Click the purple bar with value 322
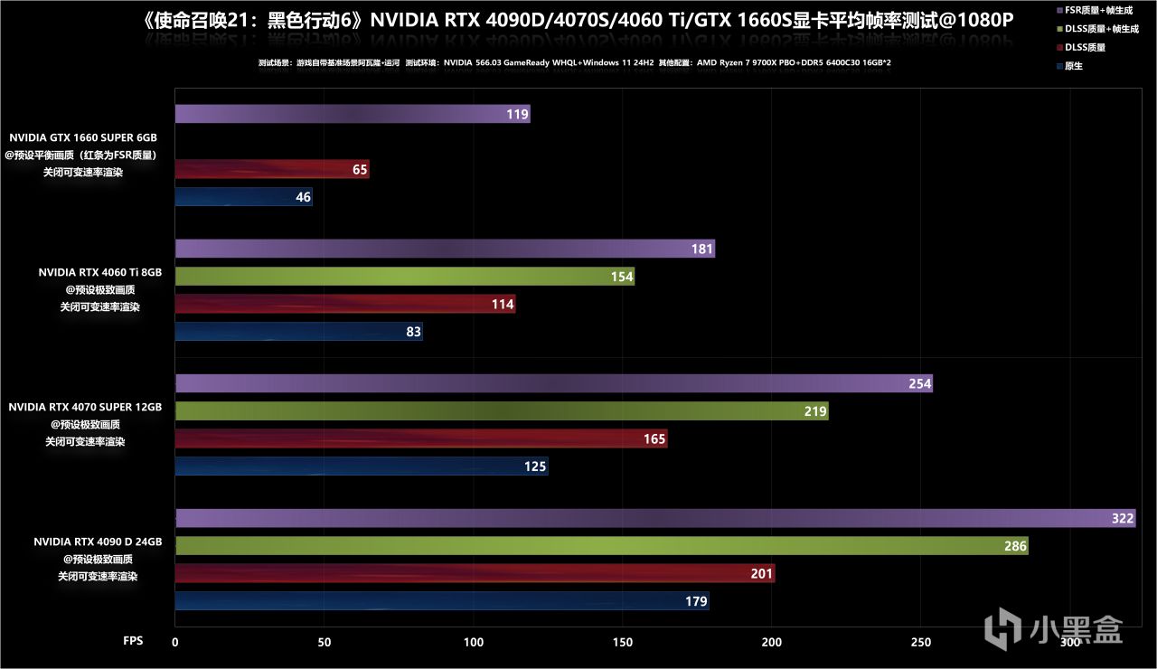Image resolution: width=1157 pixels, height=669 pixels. pos(654,518)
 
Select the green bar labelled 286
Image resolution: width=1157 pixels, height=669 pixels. pos(601,546)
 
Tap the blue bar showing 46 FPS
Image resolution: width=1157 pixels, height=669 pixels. pos(243,196)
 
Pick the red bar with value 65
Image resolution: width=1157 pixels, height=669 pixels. pos(271,169)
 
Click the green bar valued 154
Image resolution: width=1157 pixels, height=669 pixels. pos(404,277)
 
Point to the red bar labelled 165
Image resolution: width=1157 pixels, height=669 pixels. pos(420,438)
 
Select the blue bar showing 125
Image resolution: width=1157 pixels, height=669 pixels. pos(361,466)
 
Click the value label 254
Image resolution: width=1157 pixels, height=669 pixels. pos(919,384)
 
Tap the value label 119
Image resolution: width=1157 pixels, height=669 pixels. pos(517,115)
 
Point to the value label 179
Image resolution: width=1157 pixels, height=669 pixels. pos(696,601)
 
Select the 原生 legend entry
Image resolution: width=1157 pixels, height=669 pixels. pos(1076,66)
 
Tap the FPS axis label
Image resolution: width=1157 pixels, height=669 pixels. pos(133,641)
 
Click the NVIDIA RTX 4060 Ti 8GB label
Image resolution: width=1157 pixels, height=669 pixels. pos(99,271)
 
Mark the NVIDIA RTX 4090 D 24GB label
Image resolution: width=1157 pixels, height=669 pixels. pos(98,542)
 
